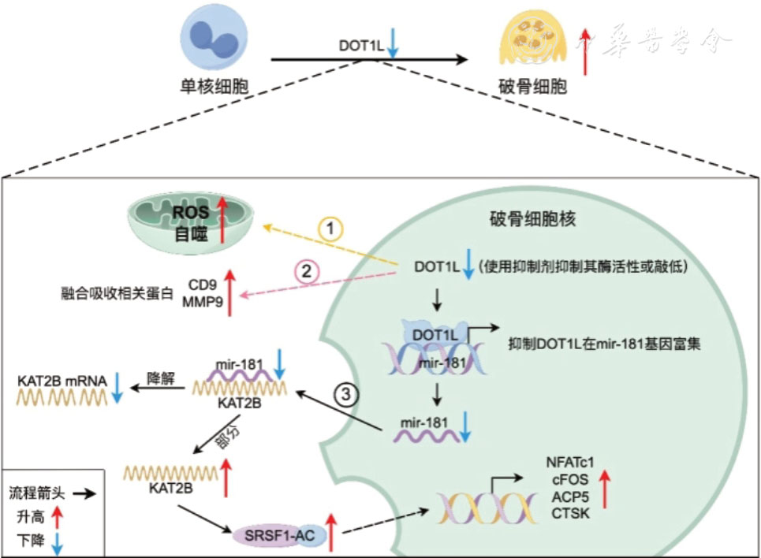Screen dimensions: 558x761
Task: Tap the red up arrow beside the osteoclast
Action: click(x=585, y=50)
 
